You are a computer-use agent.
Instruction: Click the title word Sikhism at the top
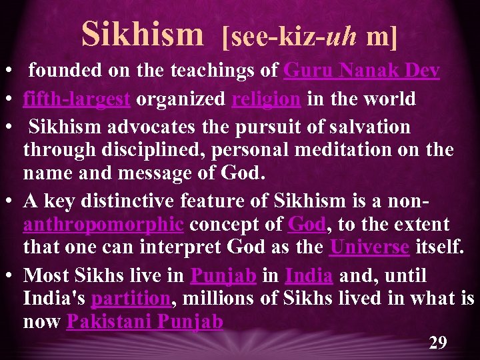click(x=142, y=34)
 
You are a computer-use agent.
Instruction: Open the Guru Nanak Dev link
click(x=362, y=70)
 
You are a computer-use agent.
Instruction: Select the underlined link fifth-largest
click(x=76, y=99)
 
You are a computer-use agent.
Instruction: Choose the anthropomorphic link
click(x=103, y=225)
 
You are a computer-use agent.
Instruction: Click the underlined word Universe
click(x=369, y=247)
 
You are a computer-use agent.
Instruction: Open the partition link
click(x=129, y=298)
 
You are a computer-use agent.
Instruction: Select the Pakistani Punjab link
click(x=144, y=323)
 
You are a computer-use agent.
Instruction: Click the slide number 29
click(x=437, y=343)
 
